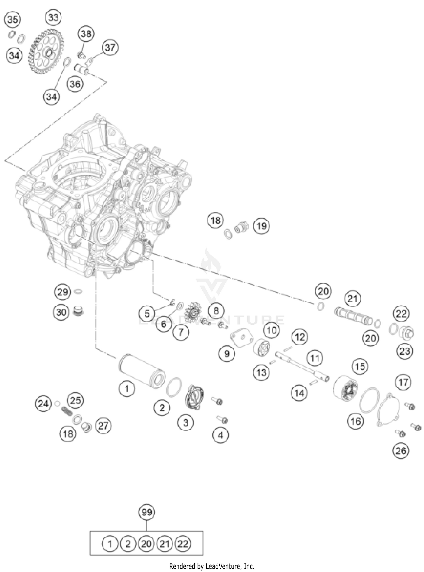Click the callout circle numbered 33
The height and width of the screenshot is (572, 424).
click(x=53, y=18)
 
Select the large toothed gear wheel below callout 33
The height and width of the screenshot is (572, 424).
click(x=46, y=52)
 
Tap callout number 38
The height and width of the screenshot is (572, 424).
click(x=86, y=34)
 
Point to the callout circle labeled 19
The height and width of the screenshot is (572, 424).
click(x=261, y=226)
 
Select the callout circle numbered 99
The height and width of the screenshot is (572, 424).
click(x=147, y=512)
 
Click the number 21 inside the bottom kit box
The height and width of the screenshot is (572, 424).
click(x=165, y=544)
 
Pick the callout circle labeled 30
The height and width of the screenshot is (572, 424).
click(x=61, y=312)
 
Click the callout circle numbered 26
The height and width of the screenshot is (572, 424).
click(x=401, y=451)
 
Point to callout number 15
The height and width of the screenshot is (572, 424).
click(x=360, y=367)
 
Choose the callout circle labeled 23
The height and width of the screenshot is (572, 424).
click(x=404, y=351)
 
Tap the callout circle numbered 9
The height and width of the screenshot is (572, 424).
click(x=227, y=354)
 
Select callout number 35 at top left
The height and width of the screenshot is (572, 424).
click(x=12, y=20)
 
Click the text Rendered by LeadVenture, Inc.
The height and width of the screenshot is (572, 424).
click(x=211, y=566)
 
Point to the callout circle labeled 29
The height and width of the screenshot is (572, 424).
click(x=62, y=292)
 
